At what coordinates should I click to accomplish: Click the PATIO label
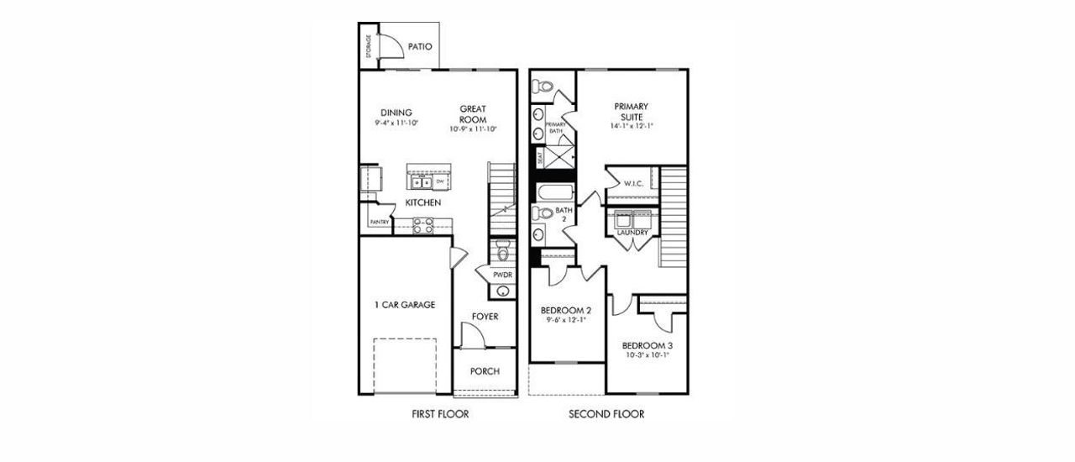(x=420, y=47)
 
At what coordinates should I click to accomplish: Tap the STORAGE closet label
(x=369, y=47)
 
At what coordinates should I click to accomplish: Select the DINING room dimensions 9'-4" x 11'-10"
(x=396, y=123)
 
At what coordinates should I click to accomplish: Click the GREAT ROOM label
(x=474, y=114)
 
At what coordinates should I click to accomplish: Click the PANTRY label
(x=379, y=222)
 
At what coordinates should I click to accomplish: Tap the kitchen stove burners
(x=422, y=224)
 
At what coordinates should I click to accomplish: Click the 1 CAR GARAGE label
(x=405, y=305)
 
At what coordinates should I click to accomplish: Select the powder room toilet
(x=502, y=249)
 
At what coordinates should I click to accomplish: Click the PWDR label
(x=502, y=275)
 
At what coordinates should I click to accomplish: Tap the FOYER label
(x=485, y=317)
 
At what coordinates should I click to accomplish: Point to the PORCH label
(x=485, y=371)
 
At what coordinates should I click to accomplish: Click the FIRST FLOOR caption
(x=440, y=414)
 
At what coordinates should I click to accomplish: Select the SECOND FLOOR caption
(x=606, y=414)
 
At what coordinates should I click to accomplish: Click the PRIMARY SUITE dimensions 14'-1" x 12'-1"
(x=632, y=126)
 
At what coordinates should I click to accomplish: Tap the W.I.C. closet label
(x=632, y=183)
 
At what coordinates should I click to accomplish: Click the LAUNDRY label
(x=631, y=233)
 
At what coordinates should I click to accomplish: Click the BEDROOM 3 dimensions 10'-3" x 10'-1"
(x=647, y=356)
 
